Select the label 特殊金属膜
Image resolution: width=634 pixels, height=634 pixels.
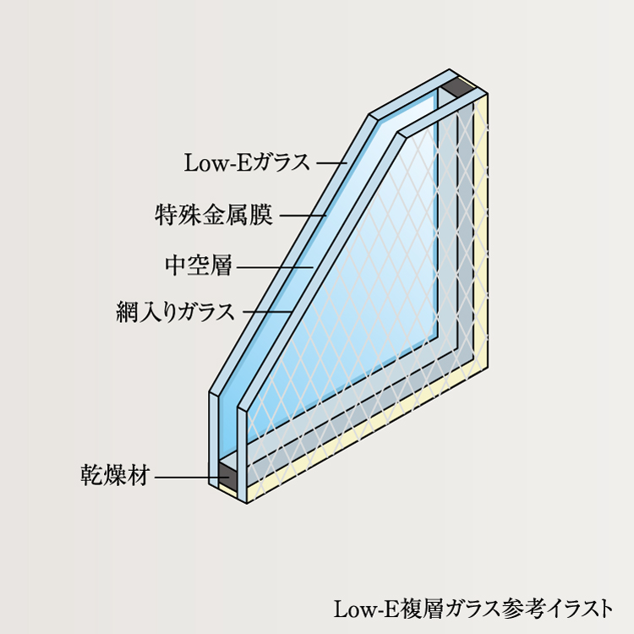coord(214,215)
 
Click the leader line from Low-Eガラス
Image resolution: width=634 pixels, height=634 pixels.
coord(331,162)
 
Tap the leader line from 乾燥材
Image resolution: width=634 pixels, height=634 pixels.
coord(186,477)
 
